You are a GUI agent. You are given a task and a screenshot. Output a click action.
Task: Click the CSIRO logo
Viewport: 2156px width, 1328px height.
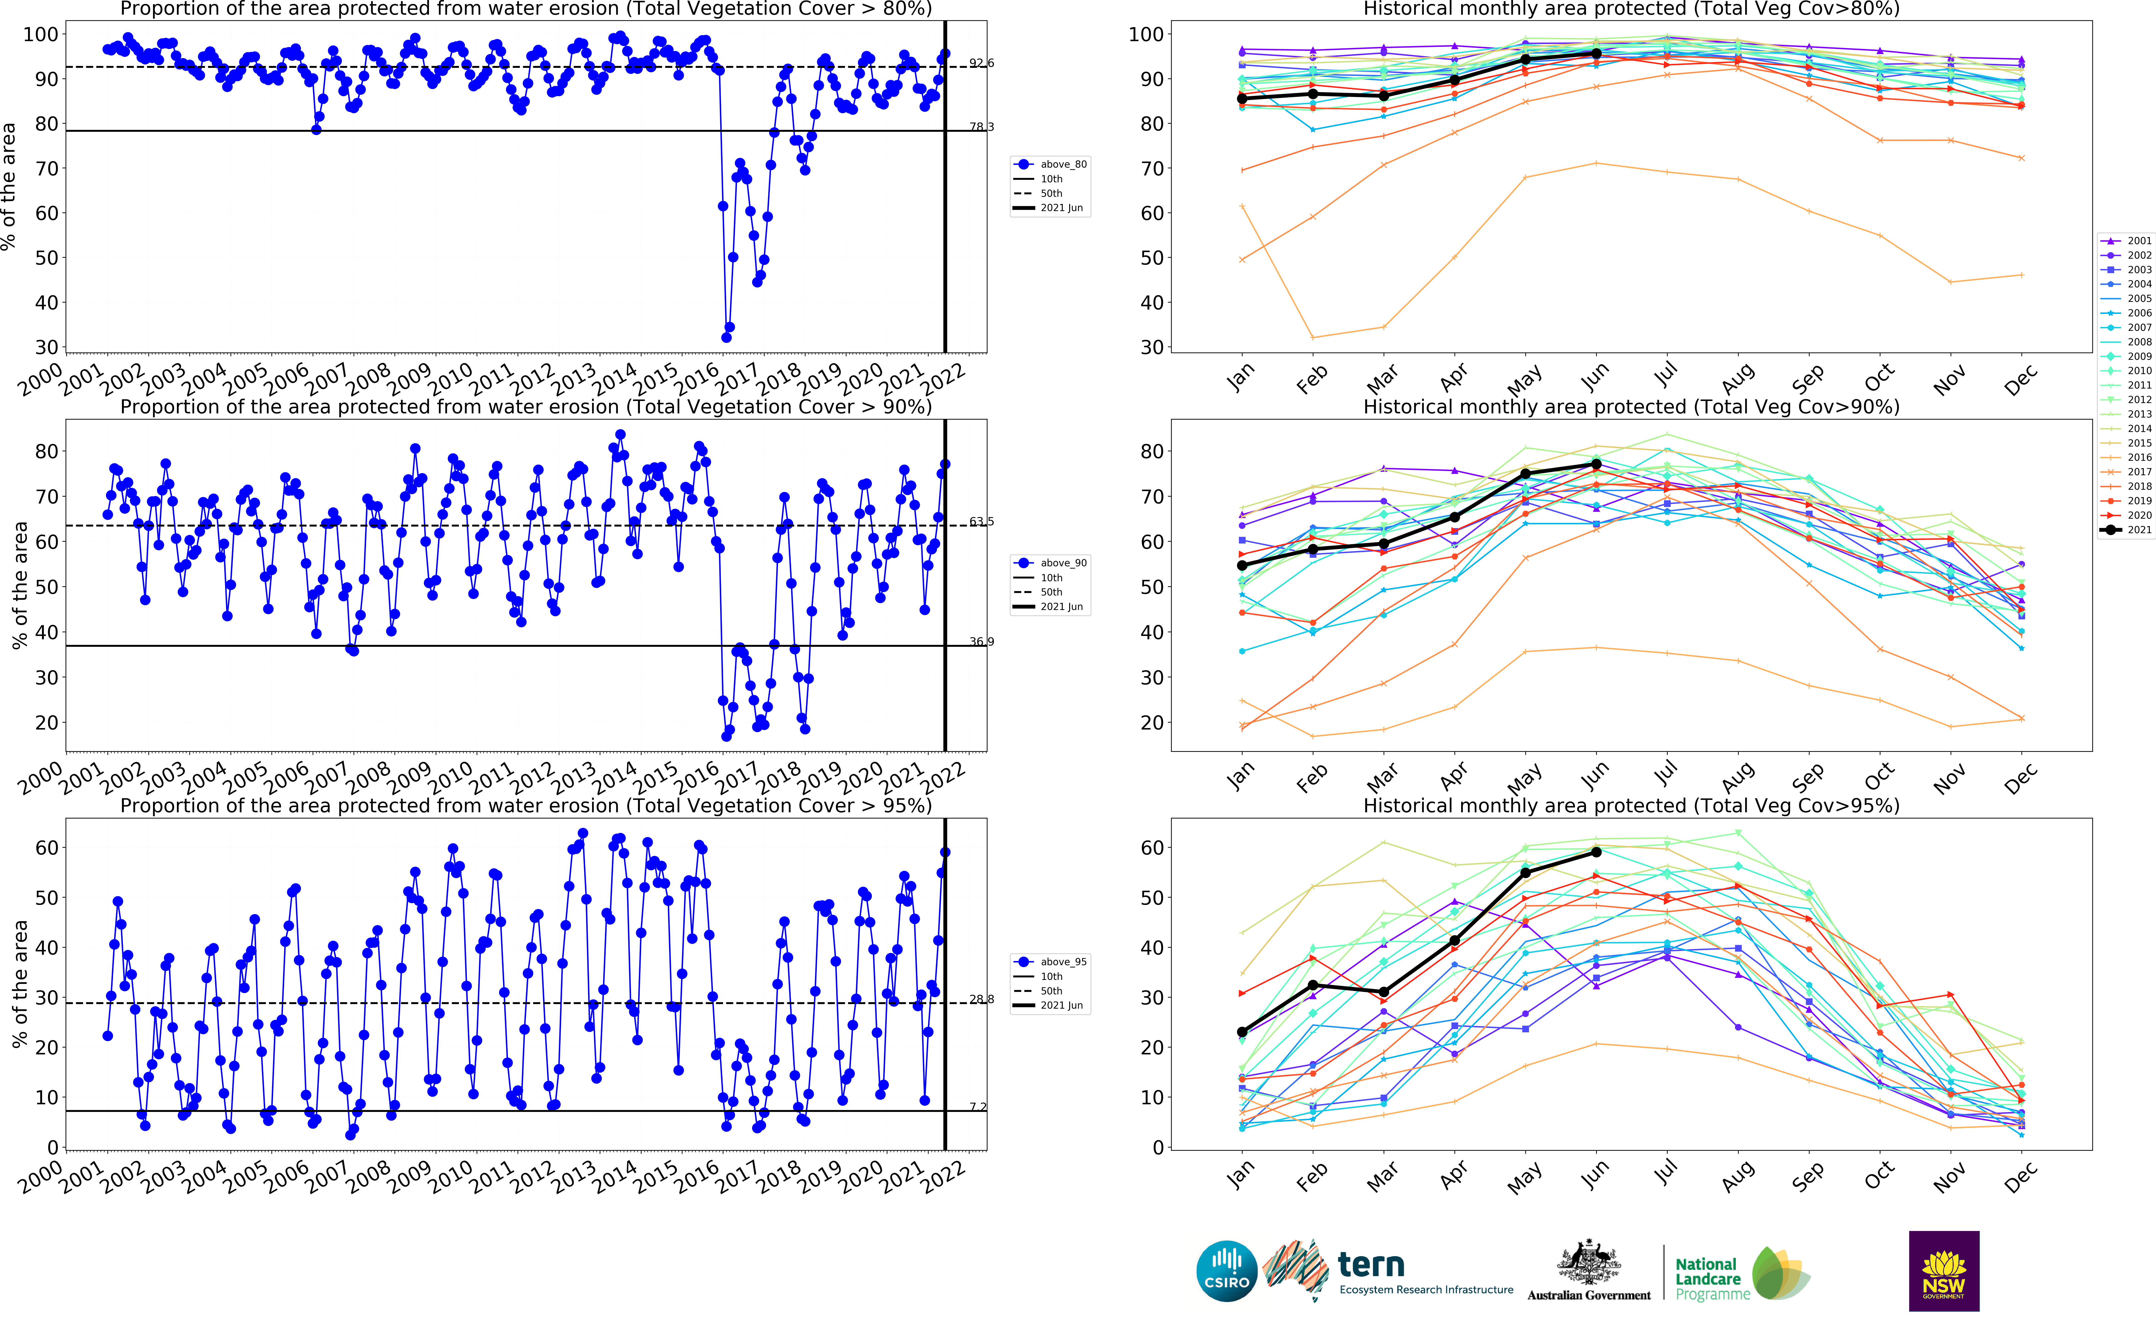pyautogui.click(x=1226, y=1271)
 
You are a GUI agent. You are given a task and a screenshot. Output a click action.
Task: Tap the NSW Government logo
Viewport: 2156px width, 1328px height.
pyautogui.click(x=1943, y=1271)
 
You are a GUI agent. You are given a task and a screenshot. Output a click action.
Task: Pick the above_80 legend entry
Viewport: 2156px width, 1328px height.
pyautogui.click(x=1052, y=164)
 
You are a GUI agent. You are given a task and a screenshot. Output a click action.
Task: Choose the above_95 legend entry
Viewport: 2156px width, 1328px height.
pyautogui.click(x=1052, y=962)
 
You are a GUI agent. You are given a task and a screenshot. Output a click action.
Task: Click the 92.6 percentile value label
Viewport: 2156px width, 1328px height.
pyautogui.click(x=981, y=63)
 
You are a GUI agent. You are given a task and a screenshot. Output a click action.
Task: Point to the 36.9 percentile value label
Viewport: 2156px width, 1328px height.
pyautogui.click(x=981, y=642)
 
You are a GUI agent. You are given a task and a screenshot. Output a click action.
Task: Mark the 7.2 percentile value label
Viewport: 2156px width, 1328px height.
pyautogui.click(x=978, y=1107)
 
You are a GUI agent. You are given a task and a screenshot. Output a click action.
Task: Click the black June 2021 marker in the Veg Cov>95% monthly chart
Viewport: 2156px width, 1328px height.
pyautogui.click(x=1596, y=852)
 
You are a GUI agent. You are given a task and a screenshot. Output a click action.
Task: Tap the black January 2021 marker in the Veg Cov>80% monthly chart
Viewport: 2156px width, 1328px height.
pyautogui.click(x=1241, y=99)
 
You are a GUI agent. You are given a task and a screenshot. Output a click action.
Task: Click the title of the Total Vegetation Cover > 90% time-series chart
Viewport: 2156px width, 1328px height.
pyautogui.click(x=525, y=407)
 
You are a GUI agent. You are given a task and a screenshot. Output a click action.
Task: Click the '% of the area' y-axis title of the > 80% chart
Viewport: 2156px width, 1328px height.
pyautogui.click(x=9, y=186)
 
